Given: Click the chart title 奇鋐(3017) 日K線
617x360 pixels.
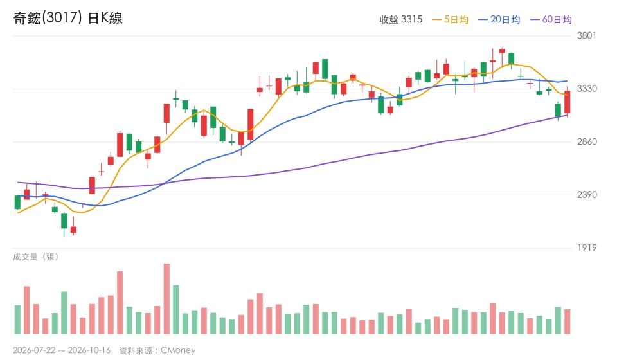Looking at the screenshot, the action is point(67,18).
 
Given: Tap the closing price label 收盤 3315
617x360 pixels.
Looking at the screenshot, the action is point(400,19).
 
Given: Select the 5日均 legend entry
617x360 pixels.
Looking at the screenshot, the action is point(450,19).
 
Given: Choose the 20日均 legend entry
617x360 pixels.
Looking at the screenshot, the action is point(499,19).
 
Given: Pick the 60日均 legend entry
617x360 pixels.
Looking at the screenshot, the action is point(551,19).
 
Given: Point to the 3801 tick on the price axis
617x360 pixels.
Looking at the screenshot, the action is point(587,35).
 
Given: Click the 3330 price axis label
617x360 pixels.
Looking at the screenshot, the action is point(587,89).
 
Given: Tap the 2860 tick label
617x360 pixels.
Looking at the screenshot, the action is point(587,141).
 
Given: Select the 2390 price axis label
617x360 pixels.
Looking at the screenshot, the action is point(587,194).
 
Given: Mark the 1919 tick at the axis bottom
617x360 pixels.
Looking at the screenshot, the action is point(587,248).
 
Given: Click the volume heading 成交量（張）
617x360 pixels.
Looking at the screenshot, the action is point(36,257).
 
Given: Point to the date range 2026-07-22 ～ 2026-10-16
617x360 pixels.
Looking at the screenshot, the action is point(62,350).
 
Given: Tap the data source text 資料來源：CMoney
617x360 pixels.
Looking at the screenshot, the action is point(157,350).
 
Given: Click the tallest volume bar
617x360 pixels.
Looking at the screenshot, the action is point(166,299).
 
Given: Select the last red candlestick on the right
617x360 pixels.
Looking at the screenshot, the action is point(568,102).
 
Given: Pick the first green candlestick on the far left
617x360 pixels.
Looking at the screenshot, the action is point(17,203).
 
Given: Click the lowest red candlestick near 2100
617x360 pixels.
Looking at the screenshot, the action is point(73,230).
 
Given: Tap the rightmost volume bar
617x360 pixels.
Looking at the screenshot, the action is point(568,322).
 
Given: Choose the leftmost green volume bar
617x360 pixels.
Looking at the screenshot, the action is point(17,320).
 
